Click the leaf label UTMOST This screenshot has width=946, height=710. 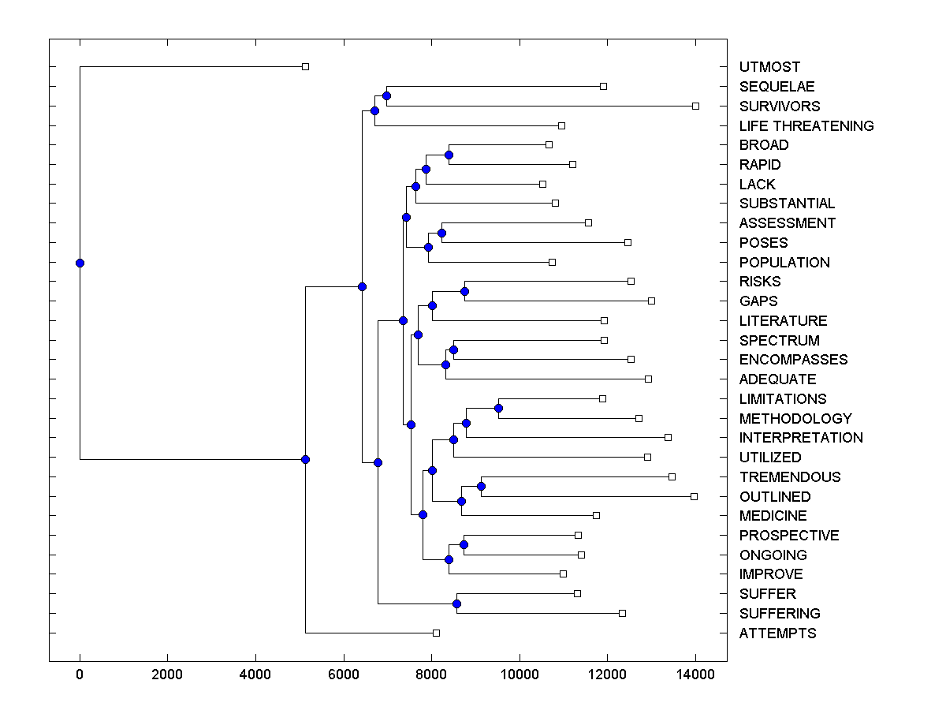coord(769,67)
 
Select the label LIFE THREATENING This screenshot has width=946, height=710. coord(806,125)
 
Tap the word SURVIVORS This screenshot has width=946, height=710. coord(780,106)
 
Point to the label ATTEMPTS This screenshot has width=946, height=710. coord(778,633)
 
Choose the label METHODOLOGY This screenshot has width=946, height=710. coord(795,418)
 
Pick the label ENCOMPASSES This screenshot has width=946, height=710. coord(794,359)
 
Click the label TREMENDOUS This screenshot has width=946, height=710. coord(790,476)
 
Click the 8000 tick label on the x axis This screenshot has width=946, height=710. coord(431,674)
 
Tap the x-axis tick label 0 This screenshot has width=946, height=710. coord(80,674)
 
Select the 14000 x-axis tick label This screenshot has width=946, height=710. coord(695,674)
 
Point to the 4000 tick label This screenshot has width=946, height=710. coord(255,674)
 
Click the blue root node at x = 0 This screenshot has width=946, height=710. coord(80,263)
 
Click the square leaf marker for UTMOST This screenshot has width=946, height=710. coord(306,66)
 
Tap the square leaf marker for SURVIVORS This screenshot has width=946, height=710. coord(695,106)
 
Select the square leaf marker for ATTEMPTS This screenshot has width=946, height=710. coord(436,633)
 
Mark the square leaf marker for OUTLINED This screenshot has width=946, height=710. coord(694,496)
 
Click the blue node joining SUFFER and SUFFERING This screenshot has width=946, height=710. coord(456,603)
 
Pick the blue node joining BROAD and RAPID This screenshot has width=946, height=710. coord(449,155)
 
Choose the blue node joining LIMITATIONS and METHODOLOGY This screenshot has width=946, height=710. coord(498,408)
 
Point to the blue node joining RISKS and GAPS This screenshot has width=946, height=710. coord(464,291)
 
